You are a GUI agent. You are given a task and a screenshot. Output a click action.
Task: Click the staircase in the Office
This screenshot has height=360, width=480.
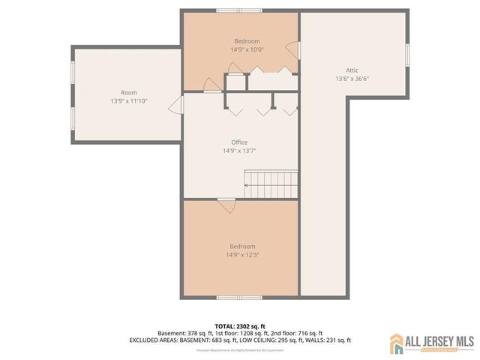[271, 181]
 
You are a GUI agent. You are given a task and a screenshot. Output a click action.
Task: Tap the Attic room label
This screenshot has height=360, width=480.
[352, 69]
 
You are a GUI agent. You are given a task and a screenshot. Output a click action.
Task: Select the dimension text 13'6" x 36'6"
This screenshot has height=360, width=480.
[352, 78]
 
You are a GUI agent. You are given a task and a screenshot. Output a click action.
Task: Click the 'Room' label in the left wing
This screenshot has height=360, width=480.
[118, 92]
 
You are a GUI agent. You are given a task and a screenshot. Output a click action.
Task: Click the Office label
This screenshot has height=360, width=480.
[239, 142]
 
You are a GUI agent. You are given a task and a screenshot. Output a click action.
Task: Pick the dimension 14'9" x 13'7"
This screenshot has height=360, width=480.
[239, 150]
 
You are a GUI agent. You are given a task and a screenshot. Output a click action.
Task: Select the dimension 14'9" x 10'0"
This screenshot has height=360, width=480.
[247, 49]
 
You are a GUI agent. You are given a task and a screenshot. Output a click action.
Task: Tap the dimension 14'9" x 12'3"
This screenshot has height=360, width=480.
[242, 254]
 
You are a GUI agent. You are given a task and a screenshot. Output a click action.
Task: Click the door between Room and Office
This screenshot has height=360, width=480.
[177, 104]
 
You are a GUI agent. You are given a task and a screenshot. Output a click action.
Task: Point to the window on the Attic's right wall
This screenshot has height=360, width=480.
[407, 55]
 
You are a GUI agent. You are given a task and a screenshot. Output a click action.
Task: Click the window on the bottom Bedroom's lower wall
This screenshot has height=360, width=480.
[238, 298]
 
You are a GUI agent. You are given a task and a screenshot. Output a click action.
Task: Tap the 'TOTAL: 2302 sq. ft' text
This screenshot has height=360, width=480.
[240, 326]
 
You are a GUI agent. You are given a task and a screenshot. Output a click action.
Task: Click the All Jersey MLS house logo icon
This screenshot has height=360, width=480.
[397, 343]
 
